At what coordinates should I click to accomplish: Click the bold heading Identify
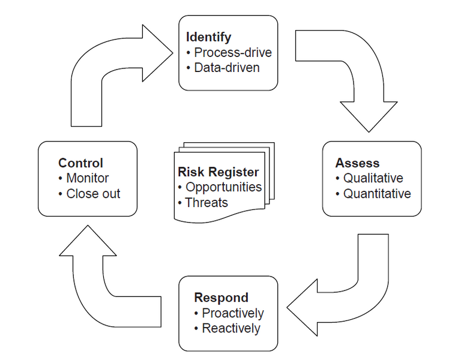coord(209,37)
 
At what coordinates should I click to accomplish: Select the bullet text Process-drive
coord(233,53)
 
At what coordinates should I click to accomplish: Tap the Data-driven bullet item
coord(227,68)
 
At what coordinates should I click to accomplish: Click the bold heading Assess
coord(357,163)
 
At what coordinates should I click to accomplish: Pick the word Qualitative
coord(373,178)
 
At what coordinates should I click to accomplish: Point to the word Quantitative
coord(377,194)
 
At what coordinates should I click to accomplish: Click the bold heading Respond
coord(221,298)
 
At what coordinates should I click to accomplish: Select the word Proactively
coord(232,313)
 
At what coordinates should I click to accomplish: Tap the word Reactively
coord(230,329)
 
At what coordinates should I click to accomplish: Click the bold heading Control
coord(80,163)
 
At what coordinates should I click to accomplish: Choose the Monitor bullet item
coord(87,178)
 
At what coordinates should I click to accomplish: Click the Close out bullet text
coord(93,194)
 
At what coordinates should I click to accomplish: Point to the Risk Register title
coord(218,172)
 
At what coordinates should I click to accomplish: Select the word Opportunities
coord(223,187)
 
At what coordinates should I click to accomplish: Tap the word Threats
coord(206,203)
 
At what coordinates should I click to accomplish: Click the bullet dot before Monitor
coord(61,178)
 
